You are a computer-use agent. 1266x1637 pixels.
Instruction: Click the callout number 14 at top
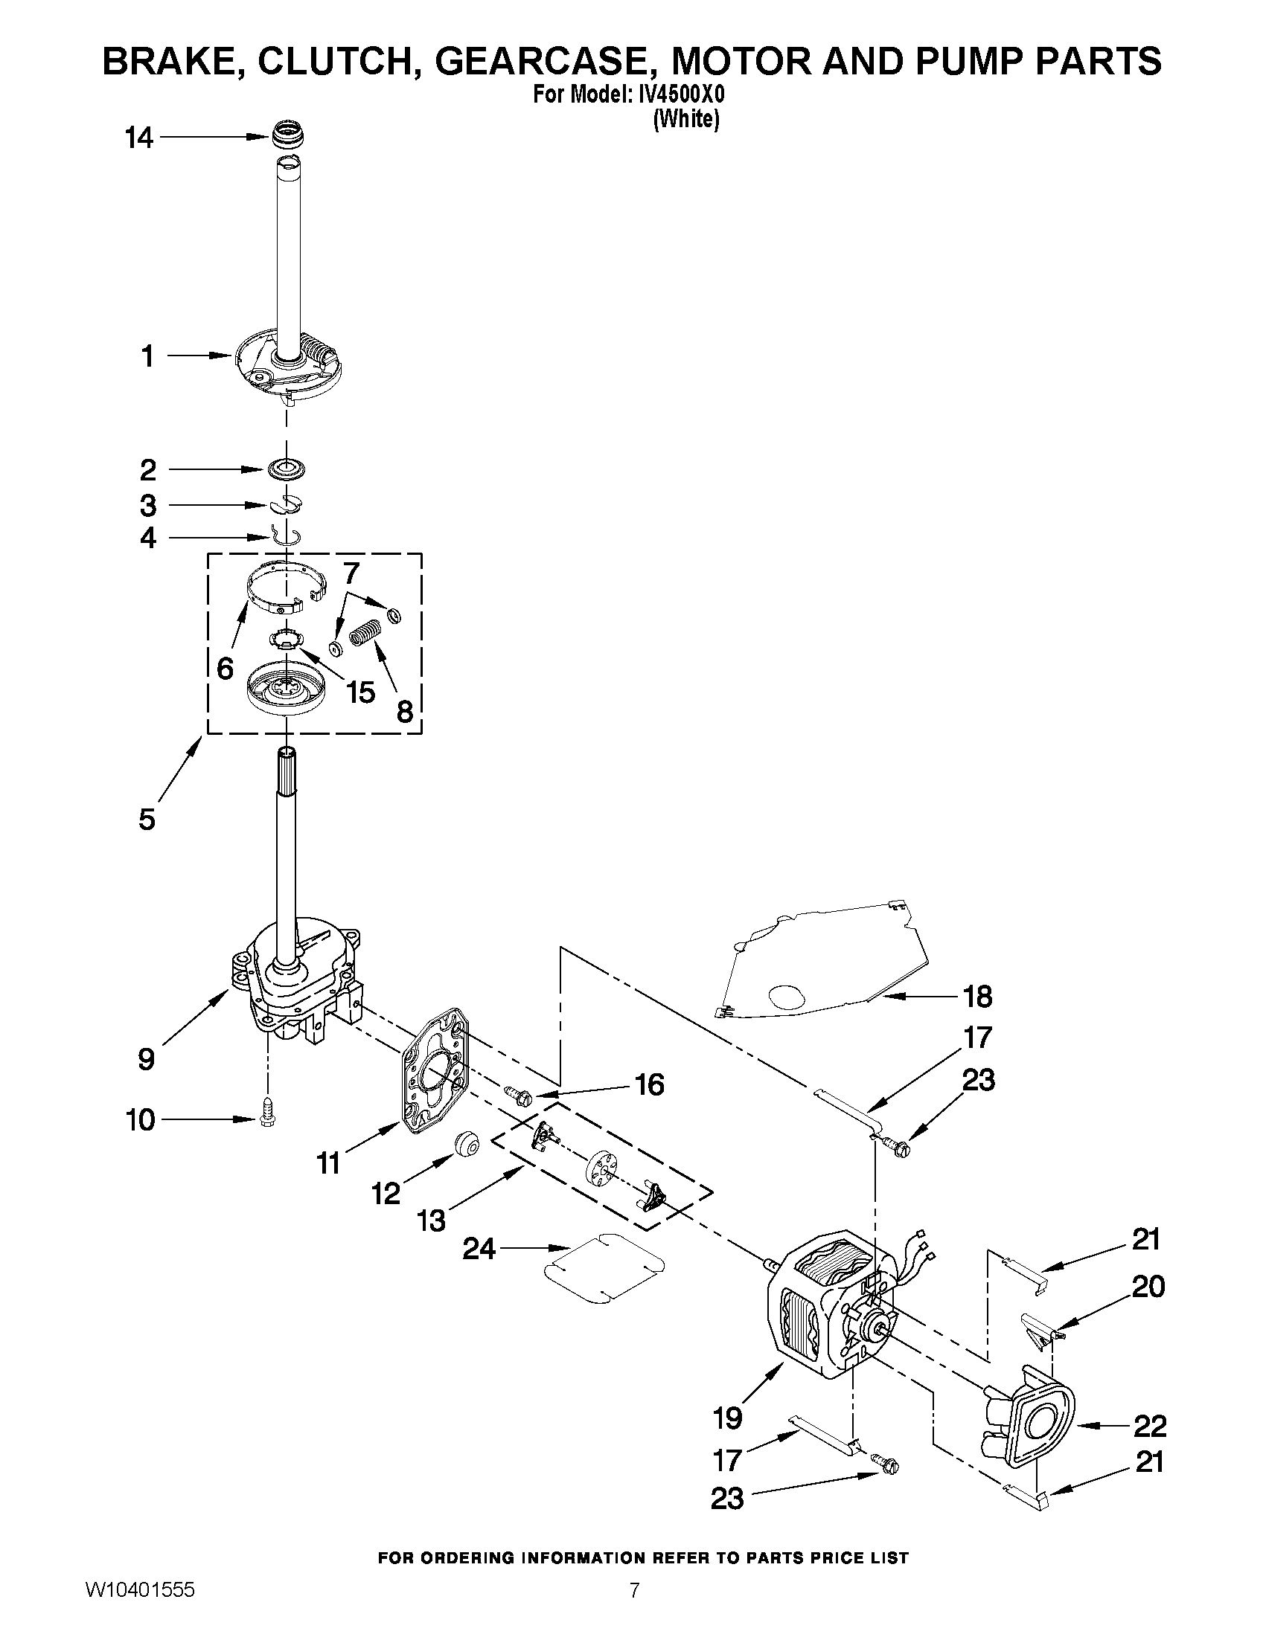[138, 138]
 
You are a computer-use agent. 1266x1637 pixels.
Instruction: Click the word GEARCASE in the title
[540, 62]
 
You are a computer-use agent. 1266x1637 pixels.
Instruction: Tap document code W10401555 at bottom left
[140, 1607]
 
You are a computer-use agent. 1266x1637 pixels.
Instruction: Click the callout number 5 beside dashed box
[147, 820]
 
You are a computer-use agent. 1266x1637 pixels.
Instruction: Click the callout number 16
[650, 1084]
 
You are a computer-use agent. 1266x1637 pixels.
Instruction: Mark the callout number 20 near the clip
[1148, 1286]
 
